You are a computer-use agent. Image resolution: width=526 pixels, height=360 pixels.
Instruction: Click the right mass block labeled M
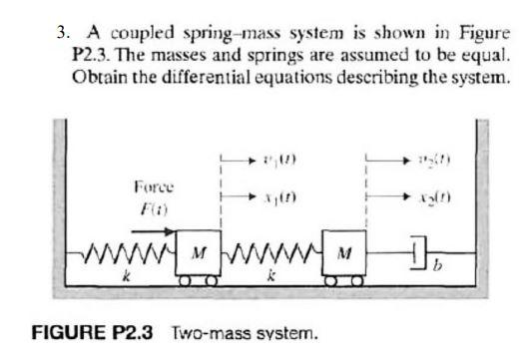(x=342, y=247)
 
